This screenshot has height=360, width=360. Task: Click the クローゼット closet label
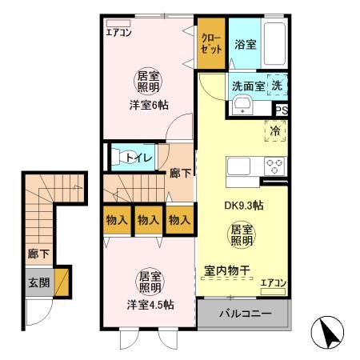[x=210, y=43]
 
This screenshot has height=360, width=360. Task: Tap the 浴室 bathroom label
[x=246, y=44]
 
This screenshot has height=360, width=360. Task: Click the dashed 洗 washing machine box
[x=276, y=85]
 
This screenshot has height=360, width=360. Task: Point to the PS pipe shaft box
[x=282, y=110]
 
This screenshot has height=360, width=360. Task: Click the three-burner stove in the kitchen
[x=275, y=166]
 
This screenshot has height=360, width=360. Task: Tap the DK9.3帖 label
[x=243, y=205]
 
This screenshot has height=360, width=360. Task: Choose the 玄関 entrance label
[x=38, y=282]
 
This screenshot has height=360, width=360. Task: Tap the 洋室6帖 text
[x=150, y=105]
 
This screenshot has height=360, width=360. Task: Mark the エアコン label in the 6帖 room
[x=119, y=33]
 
